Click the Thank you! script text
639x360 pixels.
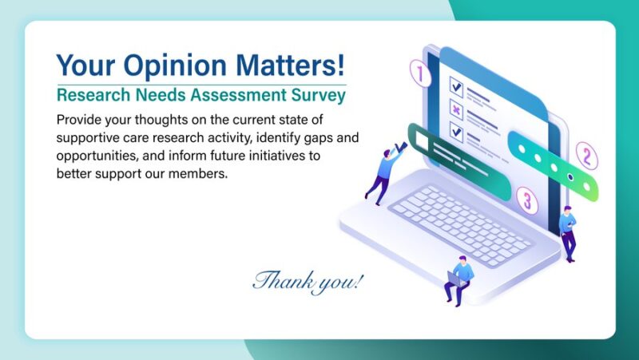pyautogui.click(x=308, y=281)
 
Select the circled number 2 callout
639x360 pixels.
pyautogui.click(x=585, y=155)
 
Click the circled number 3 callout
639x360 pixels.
pyautogui.click(x=525, y=199)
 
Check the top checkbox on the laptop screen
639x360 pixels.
pyautogui.click(x=456, y=84)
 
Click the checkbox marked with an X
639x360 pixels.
pyautogui.click(x=456, y=109)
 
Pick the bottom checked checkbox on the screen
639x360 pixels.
pyautogui.click(x=456, y=130)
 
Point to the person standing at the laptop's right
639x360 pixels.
pyautogui.click(x=568, y=231)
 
